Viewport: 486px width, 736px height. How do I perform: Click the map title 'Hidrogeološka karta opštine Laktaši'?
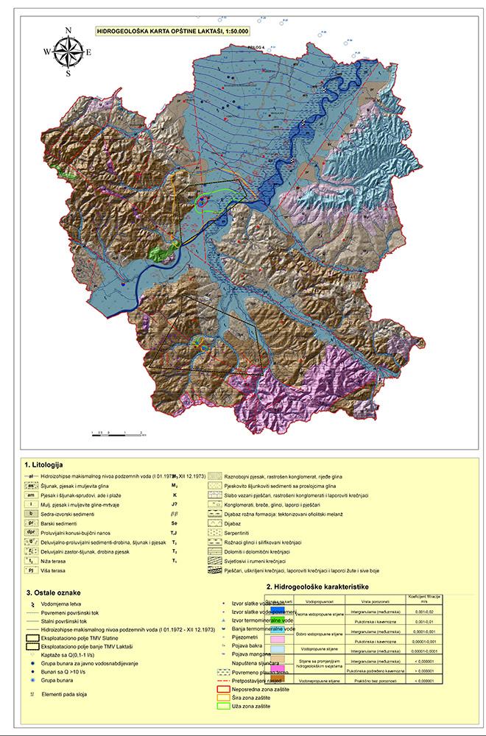(173, 32)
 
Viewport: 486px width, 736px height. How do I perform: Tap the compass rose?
(68, 52)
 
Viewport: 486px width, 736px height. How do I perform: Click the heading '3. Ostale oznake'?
(52, 592)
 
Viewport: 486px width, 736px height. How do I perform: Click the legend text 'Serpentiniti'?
(244, 531)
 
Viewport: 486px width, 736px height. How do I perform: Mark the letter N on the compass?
(68, 30)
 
